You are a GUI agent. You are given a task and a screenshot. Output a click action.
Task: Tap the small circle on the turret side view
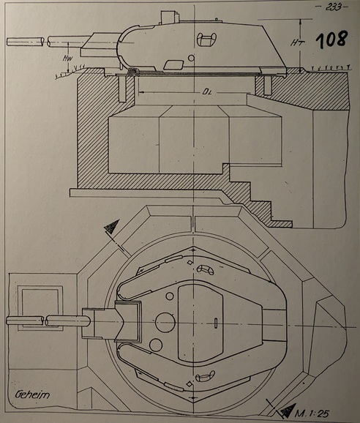(x=190, y=57)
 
